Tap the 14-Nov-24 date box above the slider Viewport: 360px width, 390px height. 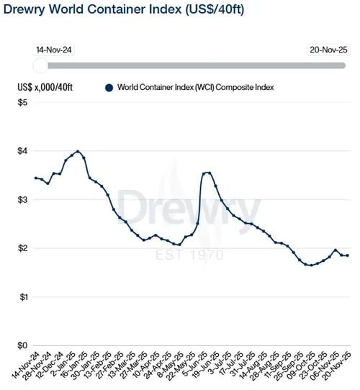(x=54, y=50)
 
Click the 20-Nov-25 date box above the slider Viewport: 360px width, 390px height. (x=328, y=50)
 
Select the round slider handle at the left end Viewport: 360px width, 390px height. (x=41, y=66)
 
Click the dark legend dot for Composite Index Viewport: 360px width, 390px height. (x=109, y=88)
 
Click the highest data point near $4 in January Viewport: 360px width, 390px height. (x=78, y=151)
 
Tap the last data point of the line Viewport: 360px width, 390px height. (x=348, y=255)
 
